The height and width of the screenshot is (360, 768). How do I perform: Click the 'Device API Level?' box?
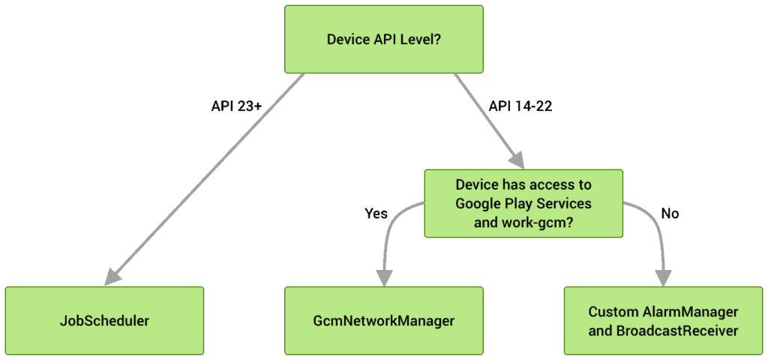[x=384, y=39]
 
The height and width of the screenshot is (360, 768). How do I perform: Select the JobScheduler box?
[x=104, y=321]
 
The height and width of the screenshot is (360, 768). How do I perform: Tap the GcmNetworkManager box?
[x=384, y=321]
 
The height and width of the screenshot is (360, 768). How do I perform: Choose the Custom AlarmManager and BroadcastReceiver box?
[x=663, y=321]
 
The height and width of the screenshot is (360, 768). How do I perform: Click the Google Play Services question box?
[x=523, y=204]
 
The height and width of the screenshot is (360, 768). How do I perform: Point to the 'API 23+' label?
[x=232, y=106]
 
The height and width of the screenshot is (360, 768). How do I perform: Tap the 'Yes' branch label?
[x=376, y=214]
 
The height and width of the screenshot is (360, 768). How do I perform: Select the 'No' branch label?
[x=670, y=214]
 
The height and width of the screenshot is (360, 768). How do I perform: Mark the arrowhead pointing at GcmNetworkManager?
[x=384, y=277]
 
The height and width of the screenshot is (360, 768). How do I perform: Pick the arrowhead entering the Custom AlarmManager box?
[x=664, y=277]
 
